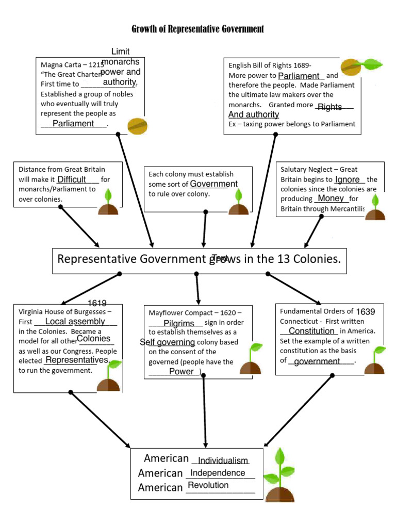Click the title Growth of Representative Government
coord(197,29)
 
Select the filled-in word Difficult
coord(72,179)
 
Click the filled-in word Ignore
coord(348,179)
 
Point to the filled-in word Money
coord(331,198)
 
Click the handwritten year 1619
coord(97,303)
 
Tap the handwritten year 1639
coord(366,311)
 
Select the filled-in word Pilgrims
coord(179,323)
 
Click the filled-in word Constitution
coord(312,331)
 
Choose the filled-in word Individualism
coord(223,460)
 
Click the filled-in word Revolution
coord(208,485)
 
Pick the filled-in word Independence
coord(218,473)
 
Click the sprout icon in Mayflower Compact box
coord(251,359)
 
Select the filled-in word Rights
coord(330,107)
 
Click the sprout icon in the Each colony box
coord(239,203)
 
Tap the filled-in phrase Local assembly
coord(75,321)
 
